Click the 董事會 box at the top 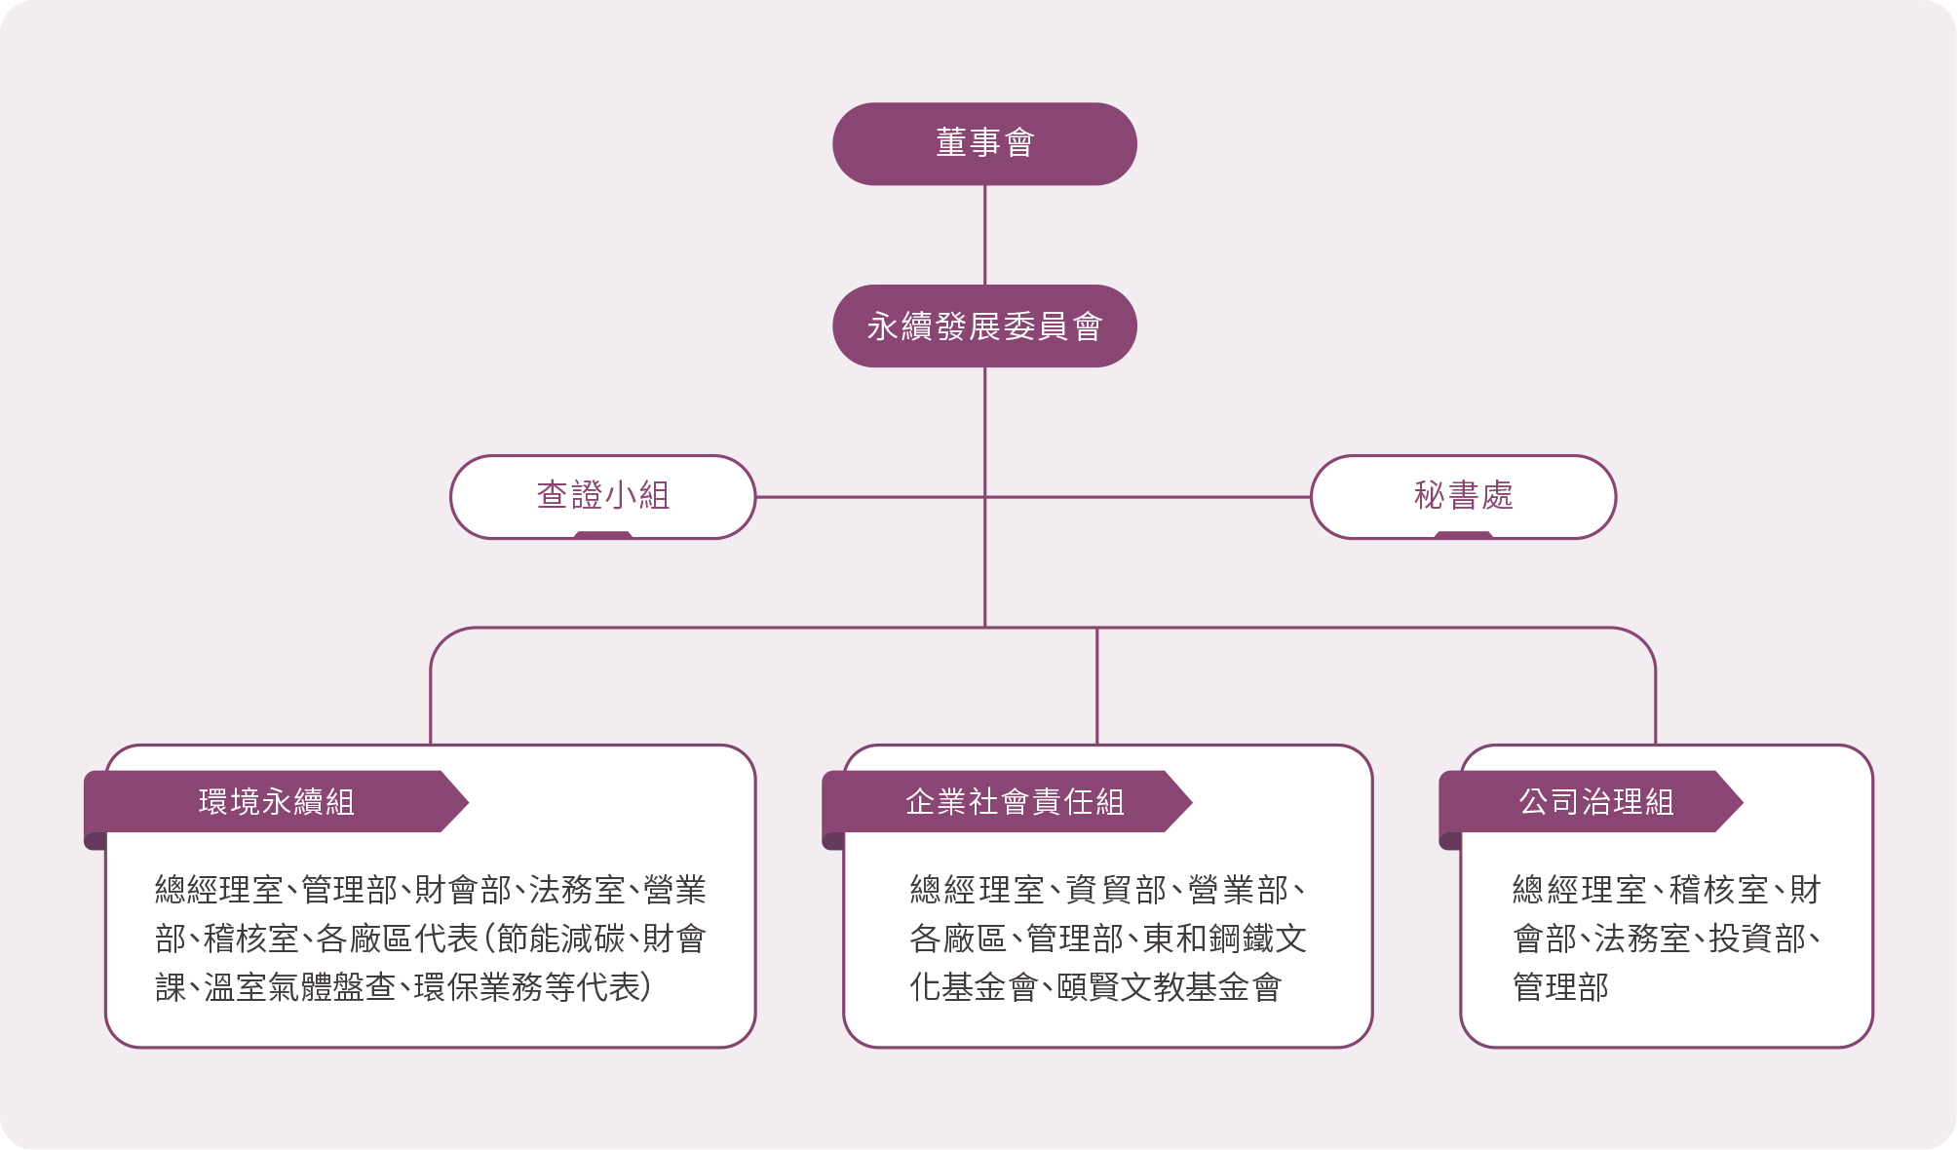[x=984, y=143]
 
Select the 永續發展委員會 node [x=984, y=326]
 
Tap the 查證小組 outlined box [x=602, y=495]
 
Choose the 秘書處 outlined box [x=1463, y=495]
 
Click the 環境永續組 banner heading [x=276, y=801]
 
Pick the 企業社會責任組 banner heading [x=1014, y=801]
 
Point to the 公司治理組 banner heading [x=1595, y=801]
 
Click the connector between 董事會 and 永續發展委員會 [x=984, y=234]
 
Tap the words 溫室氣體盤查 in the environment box [x=299, y=987]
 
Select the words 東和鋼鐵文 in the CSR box [x=1224, y=939]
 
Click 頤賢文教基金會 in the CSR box [x=1169, y=987]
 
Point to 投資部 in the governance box [x=1756, y=939]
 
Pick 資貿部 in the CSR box [x=1116, y=890]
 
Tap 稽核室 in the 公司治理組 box [x=1718, y=890]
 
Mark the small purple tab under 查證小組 [x=602, y=535]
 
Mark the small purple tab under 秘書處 [x=1463, y=535]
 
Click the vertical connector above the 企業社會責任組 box [x=1096, y=686]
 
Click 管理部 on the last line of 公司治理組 [x=1560, y=987]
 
